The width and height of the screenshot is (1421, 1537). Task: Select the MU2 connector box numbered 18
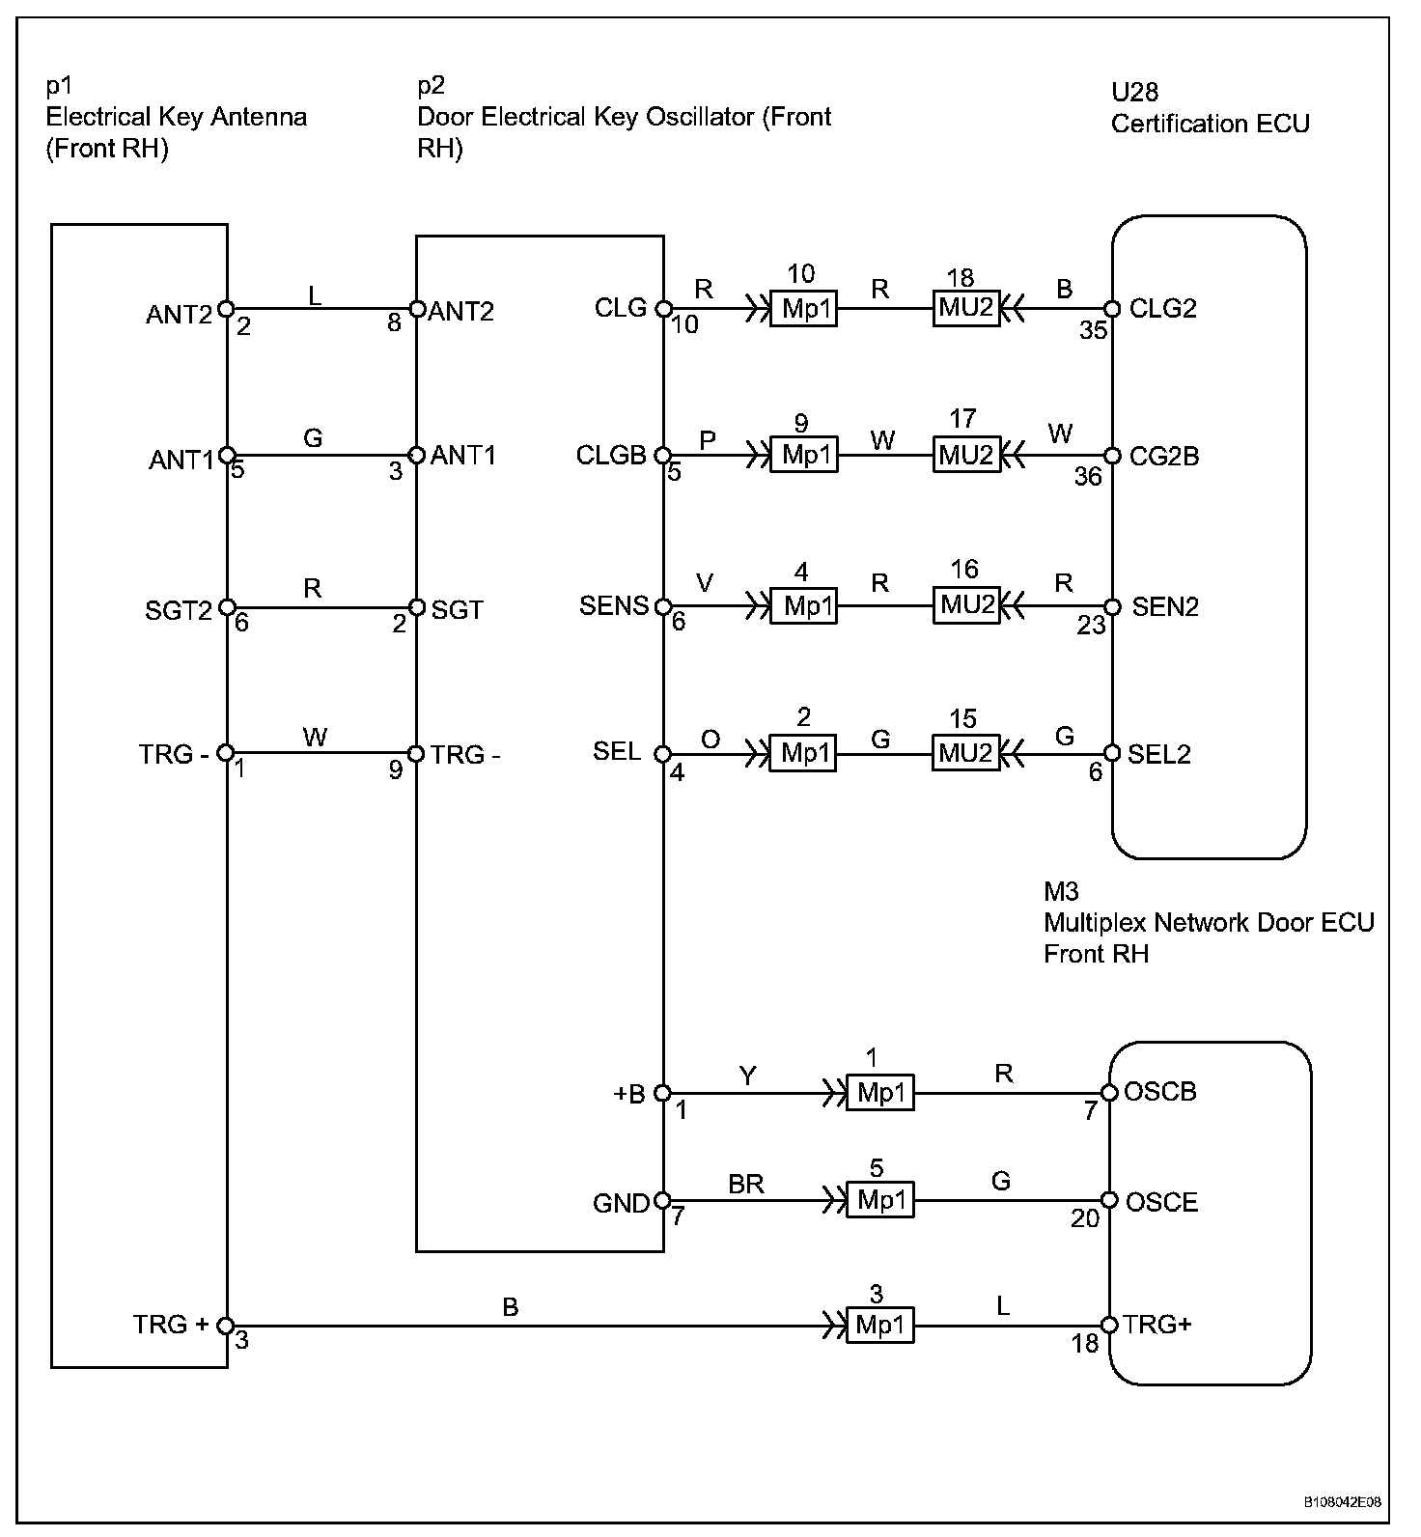pyautogui.click(x=965, y=308)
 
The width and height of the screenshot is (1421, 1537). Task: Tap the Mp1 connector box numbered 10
pyautogui.click(x=804, y=310)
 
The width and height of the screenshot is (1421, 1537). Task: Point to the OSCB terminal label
pyautogui.click(x=1160, y=1091)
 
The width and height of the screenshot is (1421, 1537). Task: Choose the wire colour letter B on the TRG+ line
pyautogui.click(x=511, y=1306)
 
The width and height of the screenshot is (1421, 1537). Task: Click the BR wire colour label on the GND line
pyautogui.click(x=746, y=1184)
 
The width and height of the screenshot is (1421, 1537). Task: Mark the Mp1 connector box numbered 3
pyautogui.click(x=879, y=1325)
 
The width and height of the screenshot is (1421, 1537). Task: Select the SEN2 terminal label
pyautogui.click(x=1165, y=606)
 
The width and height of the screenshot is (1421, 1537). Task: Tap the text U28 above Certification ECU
pyautogui.click(x=1134, y=92)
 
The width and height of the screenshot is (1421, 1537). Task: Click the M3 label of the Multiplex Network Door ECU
pyautogui.click(x=1061, y=891)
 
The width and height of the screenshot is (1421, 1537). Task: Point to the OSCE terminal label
pyautogui.click(x=1161, y=1202)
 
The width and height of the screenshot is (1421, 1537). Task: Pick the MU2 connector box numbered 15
pyautogui.click(x=965, y=753)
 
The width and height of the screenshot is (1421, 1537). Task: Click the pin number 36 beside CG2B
pyautogui.click(x=1088, y=476)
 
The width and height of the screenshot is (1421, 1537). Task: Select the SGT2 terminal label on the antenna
pyautogui.click(x=179, y=610)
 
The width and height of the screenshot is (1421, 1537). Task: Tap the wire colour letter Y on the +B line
pyautogui.click(x=747, y=1076)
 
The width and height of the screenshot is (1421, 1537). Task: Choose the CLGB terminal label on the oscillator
pyautogui.click(x=610, y=455)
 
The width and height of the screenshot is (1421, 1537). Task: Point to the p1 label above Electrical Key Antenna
pyautogui.click(x=60, y=86)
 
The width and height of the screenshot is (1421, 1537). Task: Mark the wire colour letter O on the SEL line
pyautogui.click(x=710, y=740)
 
